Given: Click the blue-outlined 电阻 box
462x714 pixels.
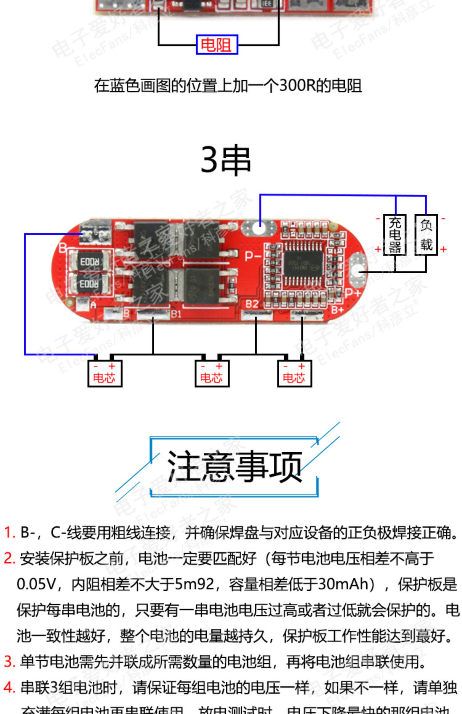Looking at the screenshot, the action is coord(217,45).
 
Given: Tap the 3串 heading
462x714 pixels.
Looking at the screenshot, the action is coord(226,160).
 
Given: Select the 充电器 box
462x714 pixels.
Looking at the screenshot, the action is coord(395,235).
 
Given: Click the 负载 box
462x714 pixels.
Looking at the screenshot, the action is coord(426,235).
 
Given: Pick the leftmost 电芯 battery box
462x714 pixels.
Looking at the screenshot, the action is coord(105,373).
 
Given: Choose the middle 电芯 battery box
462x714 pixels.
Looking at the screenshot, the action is coord(212,373).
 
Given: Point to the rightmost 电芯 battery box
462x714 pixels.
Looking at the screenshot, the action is coord(294,373).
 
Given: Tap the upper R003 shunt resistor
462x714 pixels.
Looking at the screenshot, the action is coord(90,262).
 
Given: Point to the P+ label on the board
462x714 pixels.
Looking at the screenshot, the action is coord(352,292).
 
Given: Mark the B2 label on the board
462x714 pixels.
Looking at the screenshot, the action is coord(252,304).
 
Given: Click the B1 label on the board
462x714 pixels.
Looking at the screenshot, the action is coord(176,314).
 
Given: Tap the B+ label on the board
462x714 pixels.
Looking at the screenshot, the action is coord(338,309).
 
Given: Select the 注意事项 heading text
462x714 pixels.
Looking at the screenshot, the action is coord(234,466).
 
